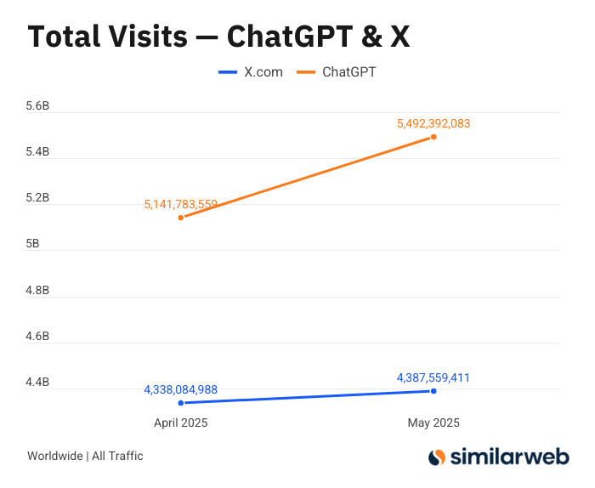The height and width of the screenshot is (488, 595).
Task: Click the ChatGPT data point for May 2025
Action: point(433,137)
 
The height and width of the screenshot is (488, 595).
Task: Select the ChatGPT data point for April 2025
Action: point(181,218)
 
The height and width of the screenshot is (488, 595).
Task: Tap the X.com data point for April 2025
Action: point(181,403)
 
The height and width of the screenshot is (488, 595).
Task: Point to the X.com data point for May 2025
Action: point(433,391)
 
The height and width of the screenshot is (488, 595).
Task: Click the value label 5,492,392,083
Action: point(433,123)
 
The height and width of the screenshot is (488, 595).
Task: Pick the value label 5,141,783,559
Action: point(180,205)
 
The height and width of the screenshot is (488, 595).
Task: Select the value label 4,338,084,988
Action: point(180,389)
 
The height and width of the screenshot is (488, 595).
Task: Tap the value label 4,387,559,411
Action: point(433,378)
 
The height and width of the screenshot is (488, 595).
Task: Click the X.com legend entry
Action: point(251,72)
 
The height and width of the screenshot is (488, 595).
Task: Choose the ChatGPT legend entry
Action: point(337,72)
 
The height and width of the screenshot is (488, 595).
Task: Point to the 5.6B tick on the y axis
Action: point(37,106)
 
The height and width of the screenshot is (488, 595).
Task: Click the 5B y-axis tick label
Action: point(32,244)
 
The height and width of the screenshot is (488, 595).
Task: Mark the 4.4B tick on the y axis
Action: point(37,382)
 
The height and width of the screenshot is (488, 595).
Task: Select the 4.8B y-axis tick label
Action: point(37,290)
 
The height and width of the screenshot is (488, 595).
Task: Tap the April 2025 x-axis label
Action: point(180,423)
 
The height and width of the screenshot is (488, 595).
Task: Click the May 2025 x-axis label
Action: point(433,423)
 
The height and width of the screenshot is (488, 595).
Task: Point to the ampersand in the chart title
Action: point(372,37)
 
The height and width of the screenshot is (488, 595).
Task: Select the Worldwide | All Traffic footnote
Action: point(85,456)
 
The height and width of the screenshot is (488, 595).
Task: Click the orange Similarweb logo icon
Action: point(437,457)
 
